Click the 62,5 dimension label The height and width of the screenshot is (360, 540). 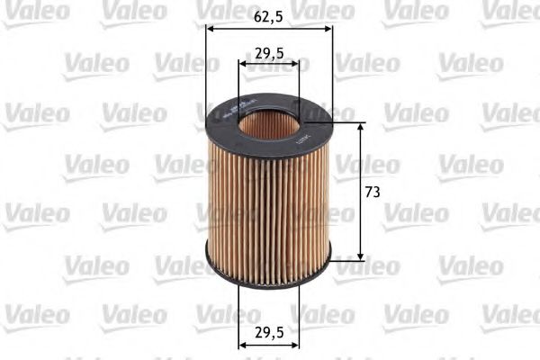click(x=269, y=14)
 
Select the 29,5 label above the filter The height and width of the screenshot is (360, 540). click(x=269, y=54)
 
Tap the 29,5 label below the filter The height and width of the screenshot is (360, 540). click(x=269, y=331)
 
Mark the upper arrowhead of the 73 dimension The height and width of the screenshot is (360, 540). click(x=361, y=128)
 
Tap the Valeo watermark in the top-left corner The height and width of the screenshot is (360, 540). click(x=34, y=12)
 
